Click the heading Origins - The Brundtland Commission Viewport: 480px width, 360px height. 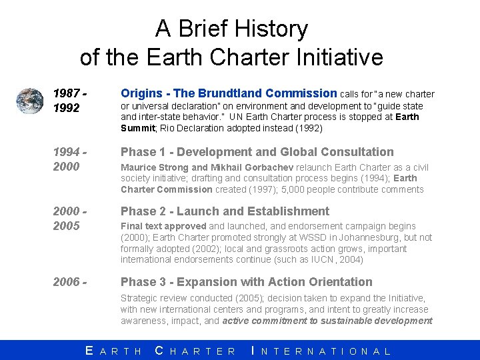(229, 93)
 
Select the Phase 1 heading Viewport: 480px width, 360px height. (257, 152)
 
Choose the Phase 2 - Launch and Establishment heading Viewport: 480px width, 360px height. (225, 211)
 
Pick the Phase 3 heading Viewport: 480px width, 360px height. (246, 282)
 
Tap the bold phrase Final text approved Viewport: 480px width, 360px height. (163, 226)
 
